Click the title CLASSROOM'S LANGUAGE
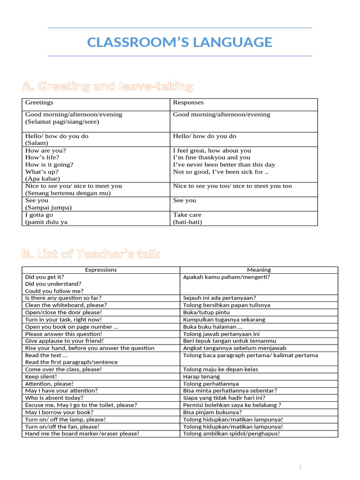(180, 42)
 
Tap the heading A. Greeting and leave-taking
(107, 86)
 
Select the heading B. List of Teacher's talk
(91, 254)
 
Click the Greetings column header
(39, 102)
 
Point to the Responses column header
(188, 102)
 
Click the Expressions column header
(101, 270)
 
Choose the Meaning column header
(259, 270)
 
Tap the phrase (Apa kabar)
(43, 179)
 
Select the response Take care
(187, 215)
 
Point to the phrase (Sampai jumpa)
(49, 207)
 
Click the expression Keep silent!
(41, 376)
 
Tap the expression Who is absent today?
(54, 397)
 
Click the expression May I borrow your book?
(57, 412)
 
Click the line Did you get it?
(45, 277)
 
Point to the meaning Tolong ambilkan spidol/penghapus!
(232, 434)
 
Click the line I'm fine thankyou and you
(212, 157)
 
